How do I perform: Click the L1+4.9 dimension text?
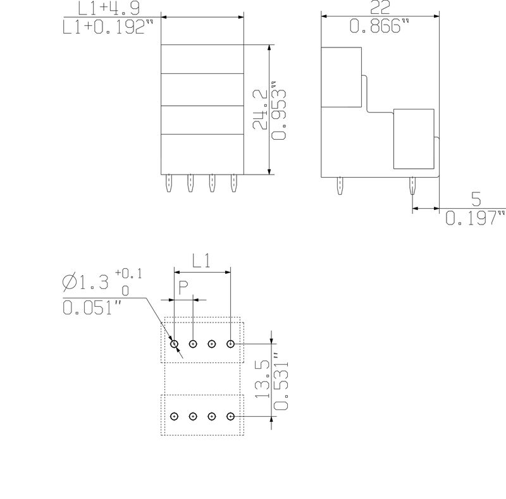[109, 9]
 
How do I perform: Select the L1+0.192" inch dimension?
[109, 28]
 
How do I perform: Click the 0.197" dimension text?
[476, 219]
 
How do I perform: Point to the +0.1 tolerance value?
[128, 274]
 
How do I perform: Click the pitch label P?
[183, 288]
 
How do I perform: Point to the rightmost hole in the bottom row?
[231, 416]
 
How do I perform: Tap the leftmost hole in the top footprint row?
[175, 344]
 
